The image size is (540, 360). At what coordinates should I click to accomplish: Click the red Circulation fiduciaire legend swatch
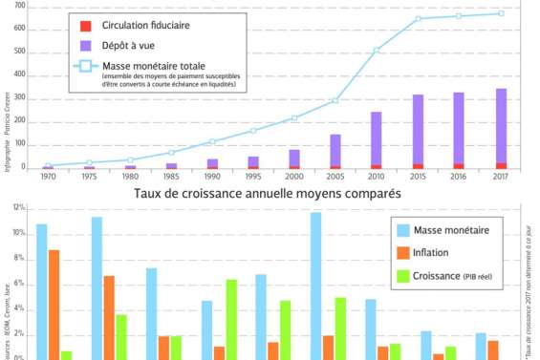tap(86, 24)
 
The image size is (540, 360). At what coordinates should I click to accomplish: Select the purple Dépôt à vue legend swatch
tap(86, 44)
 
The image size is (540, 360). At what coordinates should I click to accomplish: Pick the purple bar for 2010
tap(377, 138)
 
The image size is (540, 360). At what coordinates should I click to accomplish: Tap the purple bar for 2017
tap(501, 124)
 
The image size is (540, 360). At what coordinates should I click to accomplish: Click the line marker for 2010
tap(377, 50)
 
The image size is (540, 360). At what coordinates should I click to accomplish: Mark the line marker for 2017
tap(501, 13)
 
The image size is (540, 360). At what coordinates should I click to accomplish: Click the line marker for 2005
tap(335, 100)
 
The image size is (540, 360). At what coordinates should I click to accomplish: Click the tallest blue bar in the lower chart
tap(315, 286)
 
